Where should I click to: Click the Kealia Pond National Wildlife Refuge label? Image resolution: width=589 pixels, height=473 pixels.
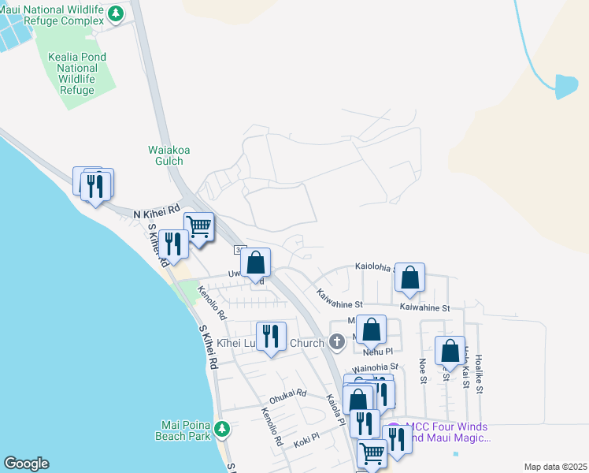point(76,73)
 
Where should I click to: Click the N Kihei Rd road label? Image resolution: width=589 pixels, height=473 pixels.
point(156,214)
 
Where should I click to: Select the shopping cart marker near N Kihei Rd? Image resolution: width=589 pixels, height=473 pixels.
point(199,226)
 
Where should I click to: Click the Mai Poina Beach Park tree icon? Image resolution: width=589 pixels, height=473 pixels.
point(222,429)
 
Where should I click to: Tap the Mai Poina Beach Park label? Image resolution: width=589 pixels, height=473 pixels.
point(187,429)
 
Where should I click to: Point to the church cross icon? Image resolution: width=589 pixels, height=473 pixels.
point(337,342)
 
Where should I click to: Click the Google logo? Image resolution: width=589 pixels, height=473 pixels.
point(25,464)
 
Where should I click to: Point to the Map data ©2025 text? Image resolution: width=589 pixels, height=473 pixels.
point(554,467)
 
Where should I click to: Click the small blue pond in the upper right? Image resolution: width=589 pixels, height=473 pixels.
point(565,86)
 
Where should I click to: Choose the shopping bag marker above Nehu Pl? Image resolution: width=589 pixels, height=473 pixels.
point(372,330)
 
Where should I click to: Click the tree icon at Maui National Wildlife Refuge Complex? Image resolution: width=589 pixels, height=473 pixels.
point(116,13)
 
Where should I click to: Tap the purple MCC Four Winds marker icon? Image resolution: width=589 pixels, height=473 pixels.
point(394,430)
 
